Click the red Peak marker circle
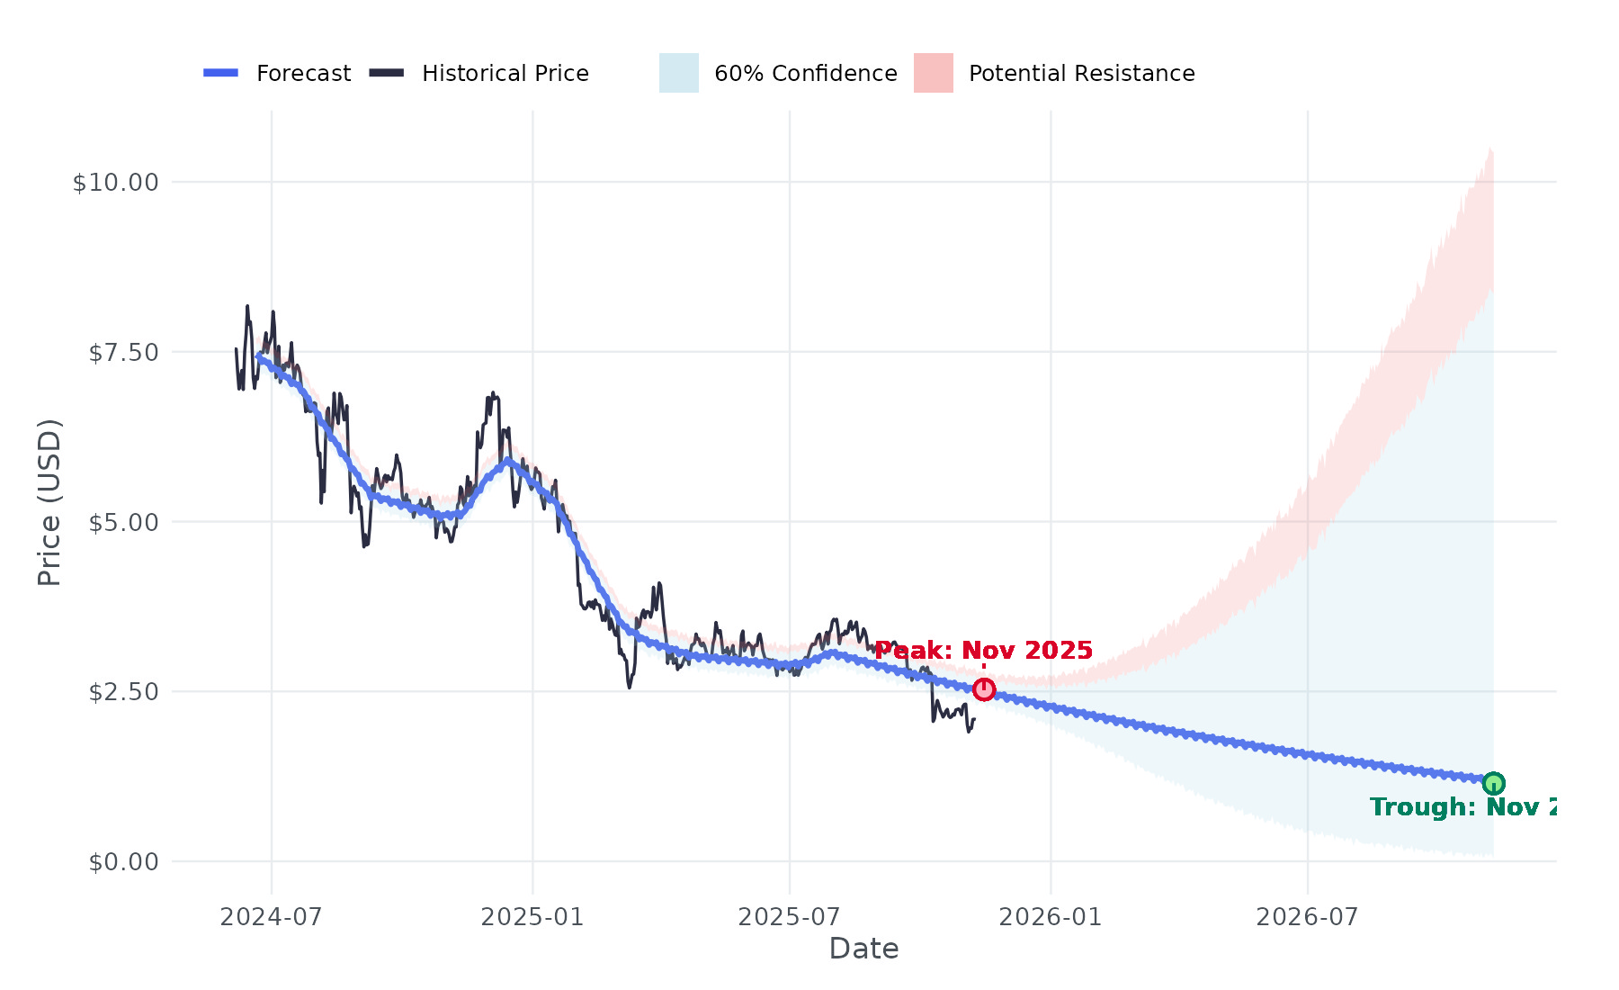point(984,689)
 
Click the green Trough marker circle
point(1493,783)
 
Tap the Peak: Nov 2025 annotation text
point(983,651)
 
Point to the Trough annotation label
point(1462,807)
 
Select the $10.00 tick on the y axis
point(115,183)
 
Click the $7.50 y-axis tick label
point(123,353)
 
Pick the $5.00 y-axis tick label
point(123,522)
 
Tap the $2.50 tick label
point(123,692)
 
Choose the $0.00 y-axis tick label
point(123,862)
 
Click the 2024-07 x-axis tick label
point(271,917)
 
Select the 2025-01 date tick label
point(532,917)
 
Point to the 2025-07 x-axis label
point(789,917)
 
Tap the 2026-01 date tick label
point(1050,917)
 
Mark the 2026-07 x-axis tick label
point(1307,917)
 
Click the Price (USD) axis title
point(49,502)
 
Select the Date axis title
point(863,949)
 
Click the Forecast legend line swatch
point(220,73)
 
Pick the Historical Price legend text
point(505,74)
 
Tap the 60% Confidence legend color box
point(678,73)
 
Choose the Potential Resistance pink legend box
point(933,73)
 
